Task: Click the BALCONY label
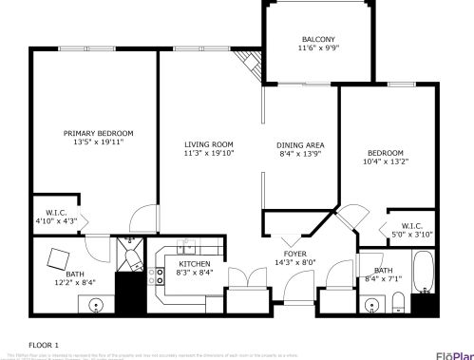(x=317, y=39)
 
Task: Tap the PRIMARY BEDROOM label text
(x=99, y=133)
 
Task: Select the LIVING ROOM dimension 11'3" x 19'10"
(x=209, y=152)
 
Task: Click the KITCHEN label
(x=195, y=263)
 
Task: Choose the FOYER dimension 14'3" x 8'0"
(x=295, y=262)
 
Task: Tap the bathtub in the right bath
(x=424, y=272)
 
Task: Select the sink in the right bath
(x=372, y=305)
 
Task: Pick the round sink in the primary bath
(x=96, y=306)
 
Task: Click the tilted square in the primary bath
(x=59, y=258)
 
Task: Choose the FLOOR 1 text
(x=44, y=344)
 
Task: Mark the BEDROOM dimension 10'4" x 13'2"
(x=386, y=161)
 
